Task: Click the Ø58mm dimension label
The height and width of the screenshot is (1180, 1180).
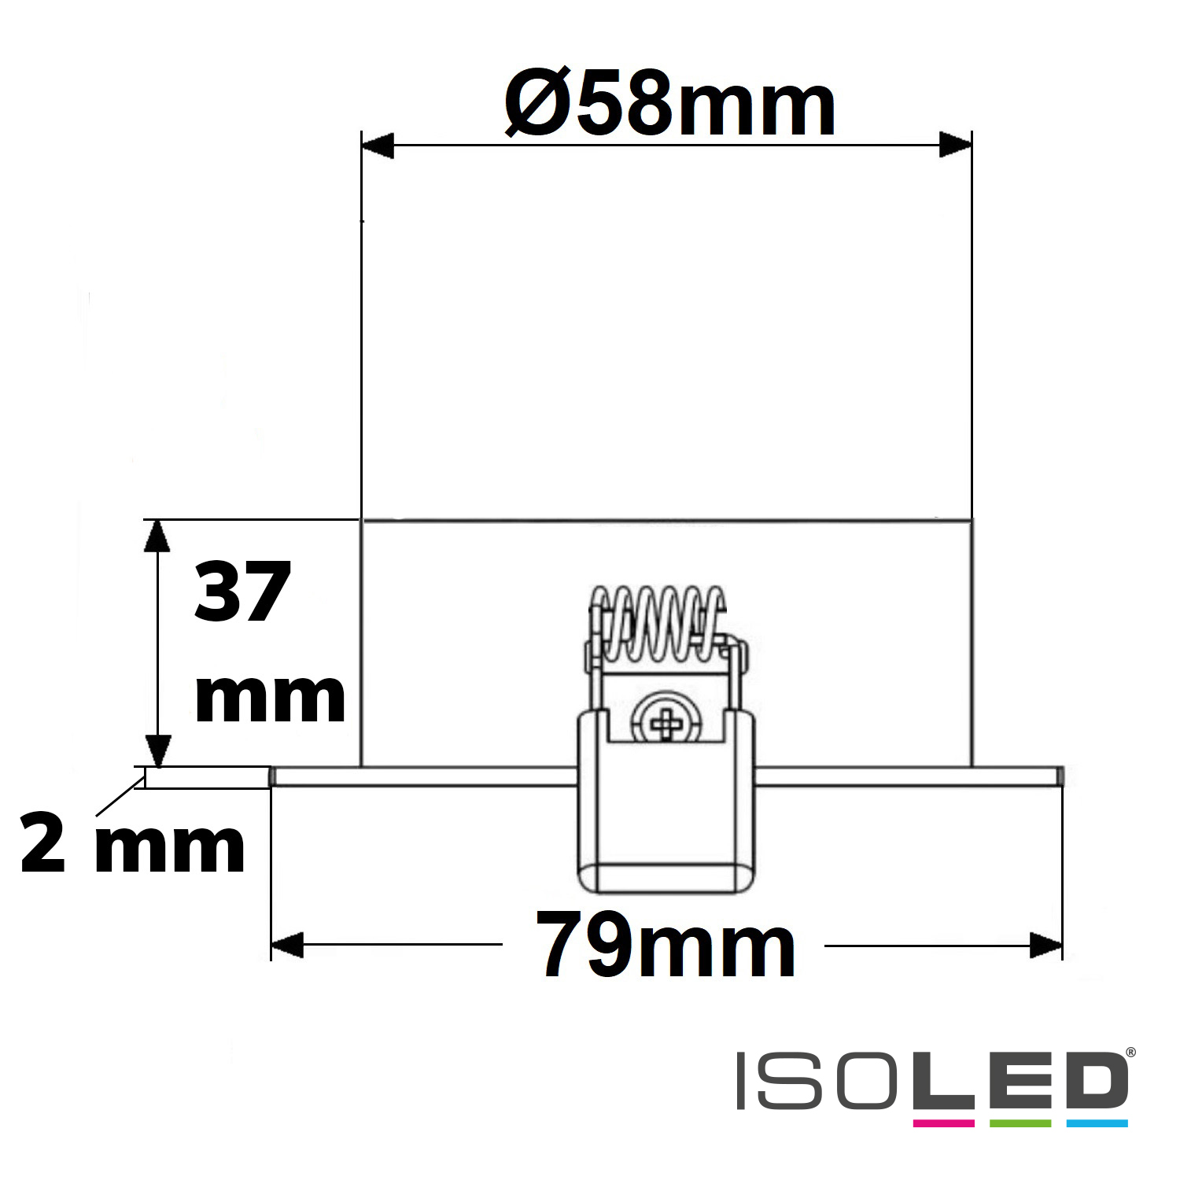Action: (669, 103)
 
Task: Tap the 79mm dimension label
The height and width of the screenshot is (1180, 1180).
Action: (666, 944)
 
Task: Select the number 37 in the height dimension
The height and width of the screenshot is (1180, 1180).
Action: (242, 592)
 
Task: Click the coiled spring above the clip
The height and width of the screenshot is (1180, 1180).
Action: (658, 624)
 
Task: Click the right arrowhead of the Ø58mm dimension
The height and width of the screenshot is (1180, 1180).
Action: (956, 146)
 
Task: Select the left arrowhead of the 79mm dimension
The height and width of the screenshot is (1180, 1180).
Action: (287, 945)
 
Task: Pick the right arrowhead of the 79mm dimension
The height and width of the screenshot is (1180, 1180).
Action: (1045, 945)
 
